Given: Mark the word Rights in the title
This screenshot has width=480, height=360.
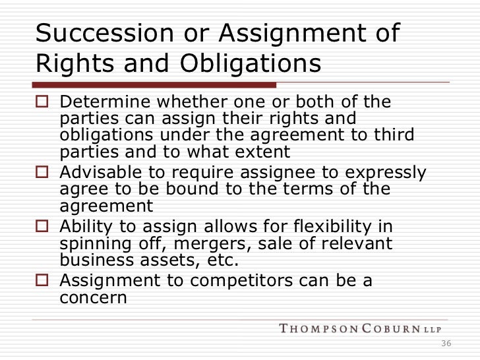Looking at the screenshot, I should tap(73, 64).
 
